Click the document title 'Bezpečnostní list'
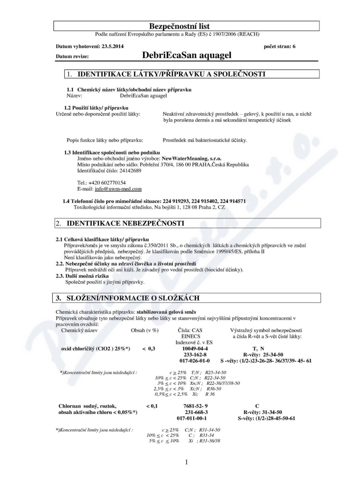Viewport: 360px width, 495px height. (180, 27)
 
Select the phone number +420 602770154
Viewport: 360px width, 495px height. (106, 183)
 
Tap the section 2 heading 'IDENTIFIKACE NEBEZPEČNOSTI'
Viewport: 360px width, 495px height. (126, 223)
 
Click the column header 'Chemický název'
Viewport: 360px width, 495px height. (80, 330)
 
